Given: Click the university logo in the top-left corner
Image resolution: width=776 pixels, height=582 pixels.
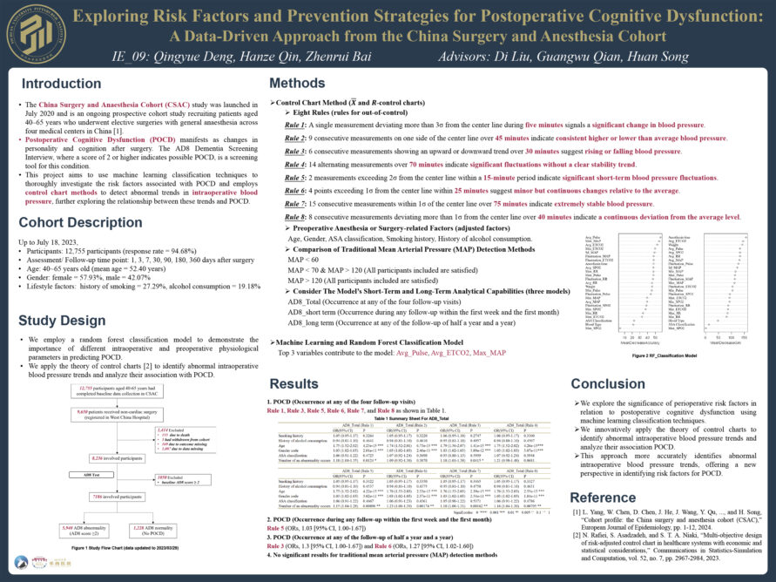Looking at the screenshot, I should point(34,35).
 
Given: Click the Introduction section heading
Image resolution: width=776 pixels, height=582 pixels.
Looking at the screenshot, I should point(62,84).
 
